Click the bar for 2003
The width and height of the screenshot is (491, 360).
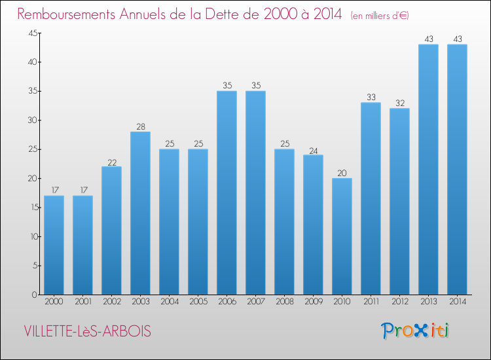tap(140, 213)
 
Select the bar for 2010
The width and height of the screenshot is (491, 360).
tap(342, 236)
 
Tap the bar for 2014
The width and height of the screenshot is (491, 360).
tap(457, 170)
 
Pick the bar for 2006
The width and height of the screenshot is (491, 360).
tap(227, 193)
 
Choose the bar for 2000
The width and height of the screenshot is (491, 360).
tap(54, 245)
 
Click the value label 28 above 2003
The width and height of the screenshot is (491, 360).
tap(140, 126)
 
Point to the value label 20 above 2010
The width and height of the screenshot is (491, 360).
tap(342, 173)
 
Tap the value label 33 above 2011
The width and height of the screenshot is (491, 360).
tap(371, 98)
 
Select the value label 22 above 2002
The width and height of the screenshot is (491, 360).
tap(111, 161)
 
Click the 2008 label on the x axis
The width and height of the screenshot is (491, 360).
tap(284, 302)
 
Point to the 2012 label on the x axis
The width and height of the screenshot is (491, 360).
tap(399, 302)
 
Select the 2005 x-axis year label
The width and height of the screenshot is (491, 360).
tap(198, 302)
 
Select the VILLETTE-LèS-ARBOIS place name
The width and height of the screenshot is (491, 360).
tap(87, 332)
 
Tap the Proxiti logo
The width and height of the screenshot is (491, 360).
tap(415, 331)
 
